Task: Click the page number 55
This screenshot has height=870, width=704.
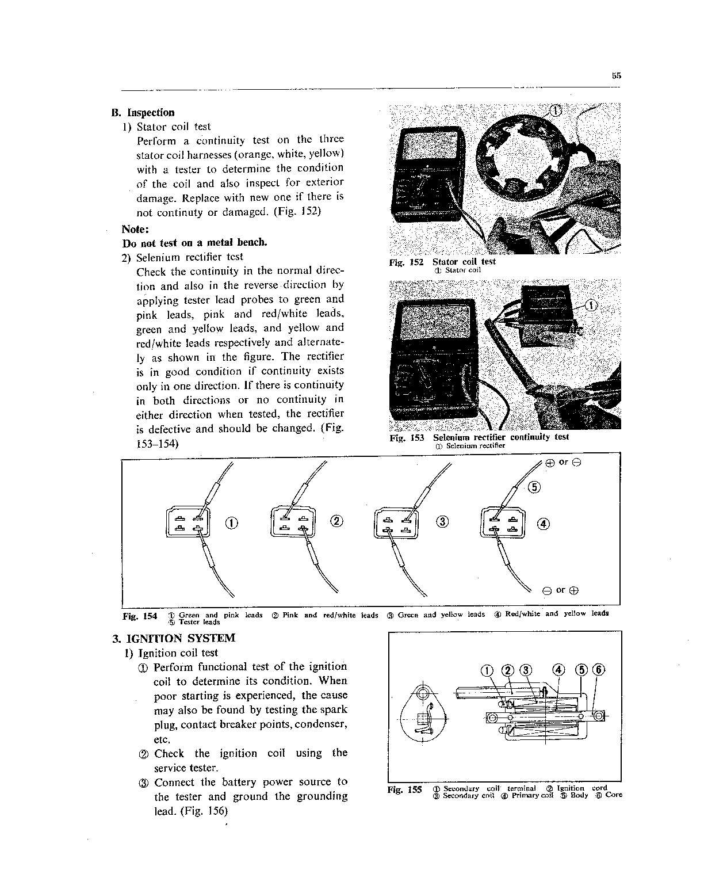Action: (x=617, y=75)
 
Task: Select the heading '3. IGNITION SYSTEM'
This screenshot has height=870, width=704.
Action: (x=174, y=638)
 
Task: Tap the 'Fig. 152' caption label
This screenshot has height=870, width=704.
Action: (x=406, y=262)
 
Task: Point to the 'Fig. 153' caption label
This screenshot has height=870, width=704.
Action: (x=407, y=438)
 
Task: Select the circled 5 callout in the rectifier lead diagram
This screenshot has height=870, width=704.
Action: (x=534, y=487)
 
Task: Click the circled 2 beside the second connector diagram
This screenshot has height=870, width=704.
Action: (x=336, y=521)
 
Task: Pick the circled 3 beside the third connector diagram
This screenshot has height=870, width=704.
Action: (x=442, y=522)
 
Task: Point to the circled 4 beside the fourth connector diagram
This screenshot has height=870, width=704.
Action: (x=544, y=523)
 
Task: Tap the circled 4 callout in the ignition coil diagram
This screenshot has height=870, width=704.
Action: (x=558, y=670)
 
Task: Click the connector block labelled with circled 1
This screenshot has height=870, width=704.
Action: (x=187, y=522)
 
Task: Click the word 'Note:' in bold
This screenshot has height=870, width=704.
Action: (x=133, y=228)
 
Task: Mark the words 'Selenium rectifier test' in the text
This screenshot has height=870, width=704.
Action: (x=190, y=257)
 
